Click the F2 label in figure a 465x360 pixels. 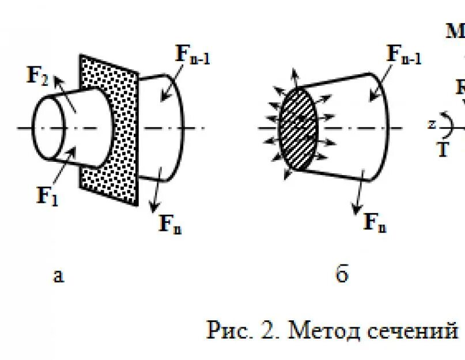pos(37,75)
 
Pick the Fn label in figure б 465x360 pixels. pos(375,222)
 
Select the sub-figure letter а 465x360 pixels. pos(58,276)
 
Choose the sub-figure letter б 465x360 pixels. pos(342,275)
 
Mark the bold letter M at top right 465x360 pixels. pos(456,31)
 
